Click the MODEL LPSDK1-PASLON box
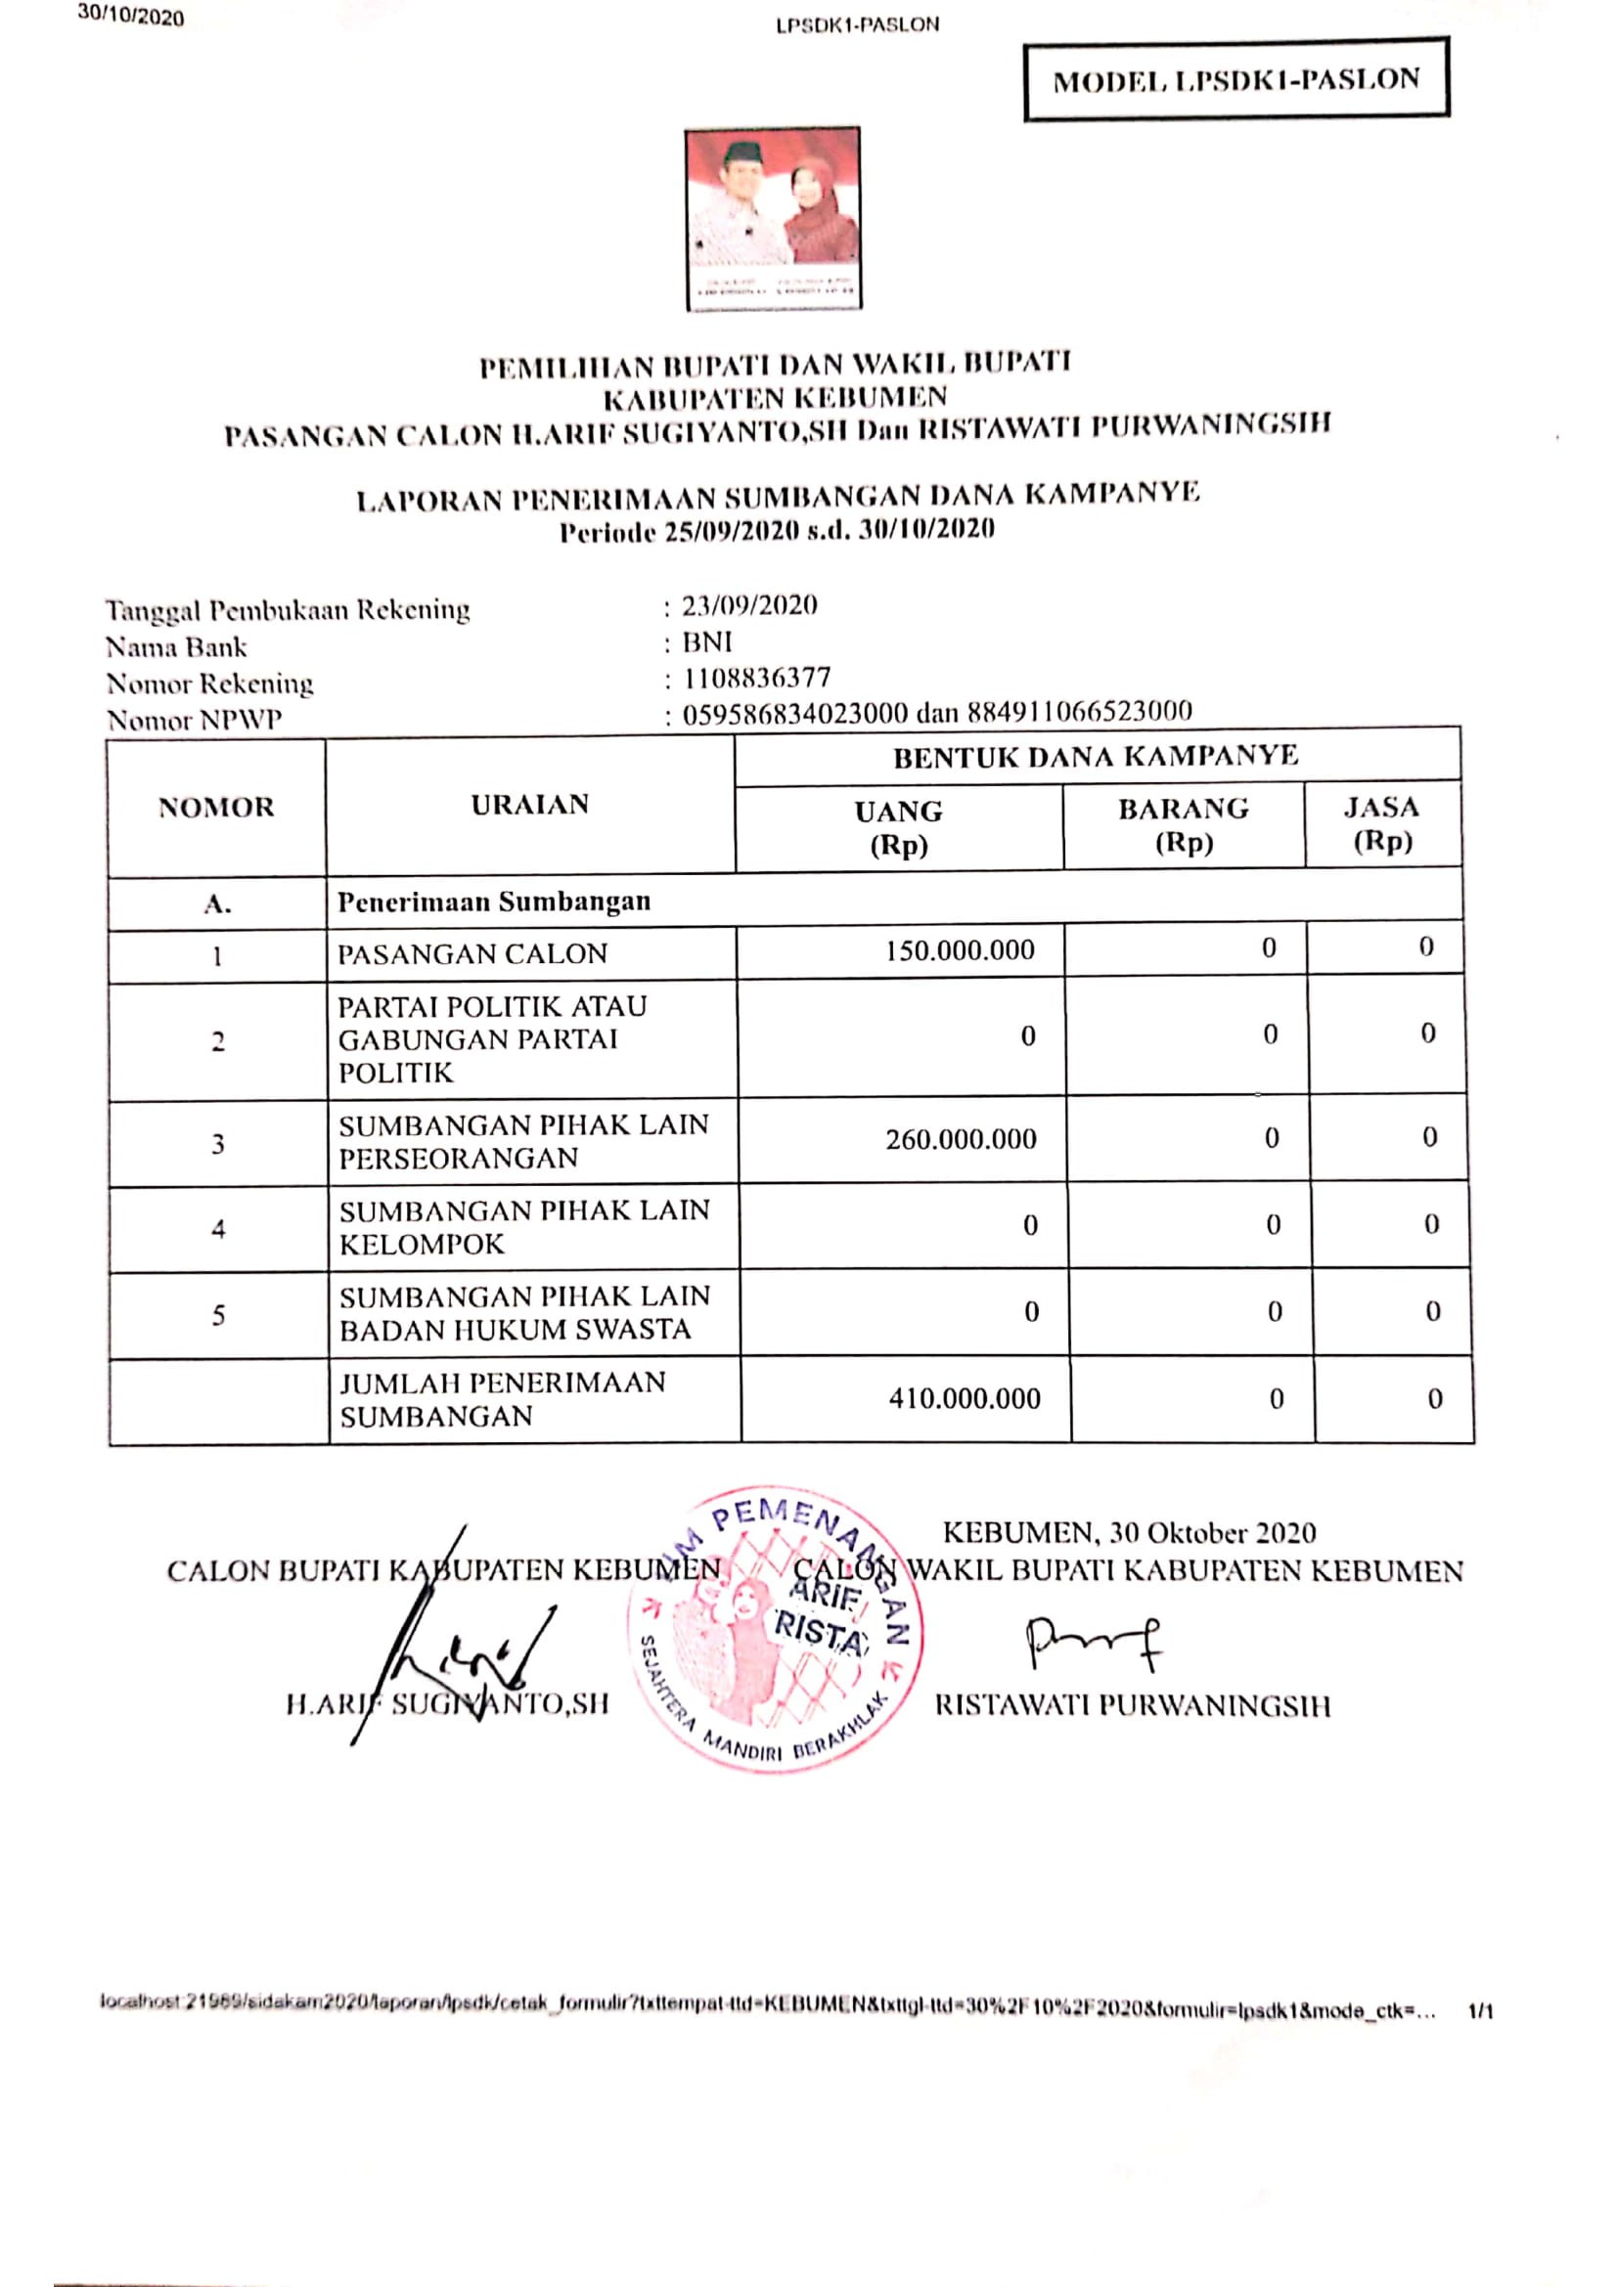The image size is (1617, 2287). (1235, 79)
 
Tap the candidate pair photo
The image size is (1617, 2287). (773, 218)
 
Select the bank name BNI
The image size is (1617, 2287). (707, 641)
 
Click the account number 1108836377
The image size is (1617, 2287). (756, 679)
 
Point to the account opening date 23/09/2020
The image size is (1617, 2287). (749, 605)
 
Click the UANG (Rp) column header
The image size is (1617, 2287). (899, 827)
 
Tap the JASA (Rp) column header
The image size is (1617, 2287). (1382, 822)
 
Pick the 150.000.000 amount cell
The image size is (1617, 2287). (960, 950)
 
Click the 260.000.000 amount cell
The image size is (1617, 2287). (961, 1138)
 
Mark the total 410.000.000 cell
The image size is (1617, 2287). (965, 1398)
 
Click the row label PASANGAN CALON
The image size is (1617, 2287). (472, 954)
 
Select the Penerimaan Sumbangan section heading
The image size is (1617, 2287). (494, 902)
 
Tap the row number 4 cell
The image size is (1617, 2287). (218, 1229)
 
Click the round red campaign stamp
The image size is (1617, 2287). (775, 1630)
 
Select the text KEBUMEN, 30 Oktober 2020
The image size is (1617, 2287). (1129, 1532)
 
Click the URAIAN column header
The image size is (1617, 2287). (530, 805)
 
